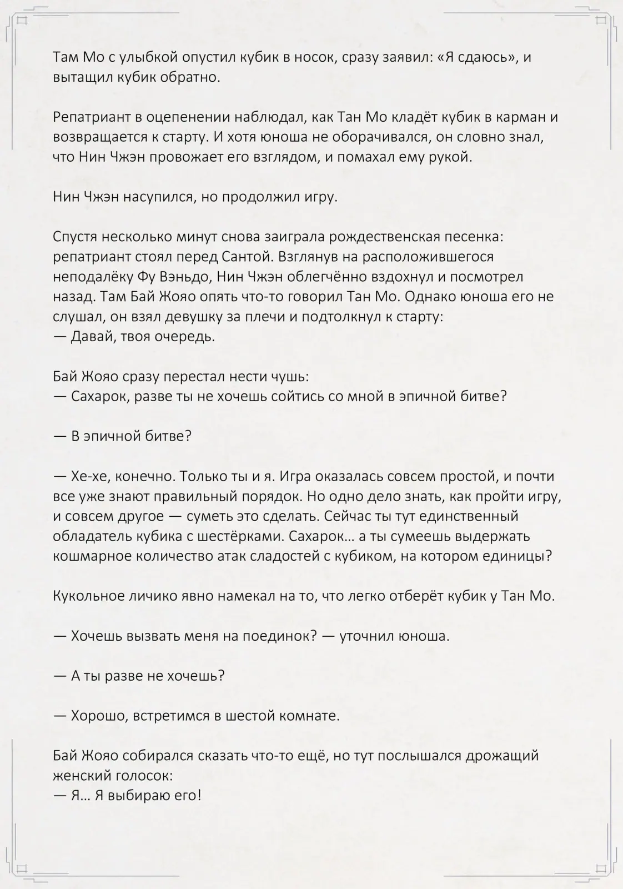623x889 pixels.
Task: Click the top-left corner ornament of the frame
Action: coord(21,21)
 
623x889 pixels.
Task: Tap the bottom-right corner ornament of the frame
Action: coord(602,868)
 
